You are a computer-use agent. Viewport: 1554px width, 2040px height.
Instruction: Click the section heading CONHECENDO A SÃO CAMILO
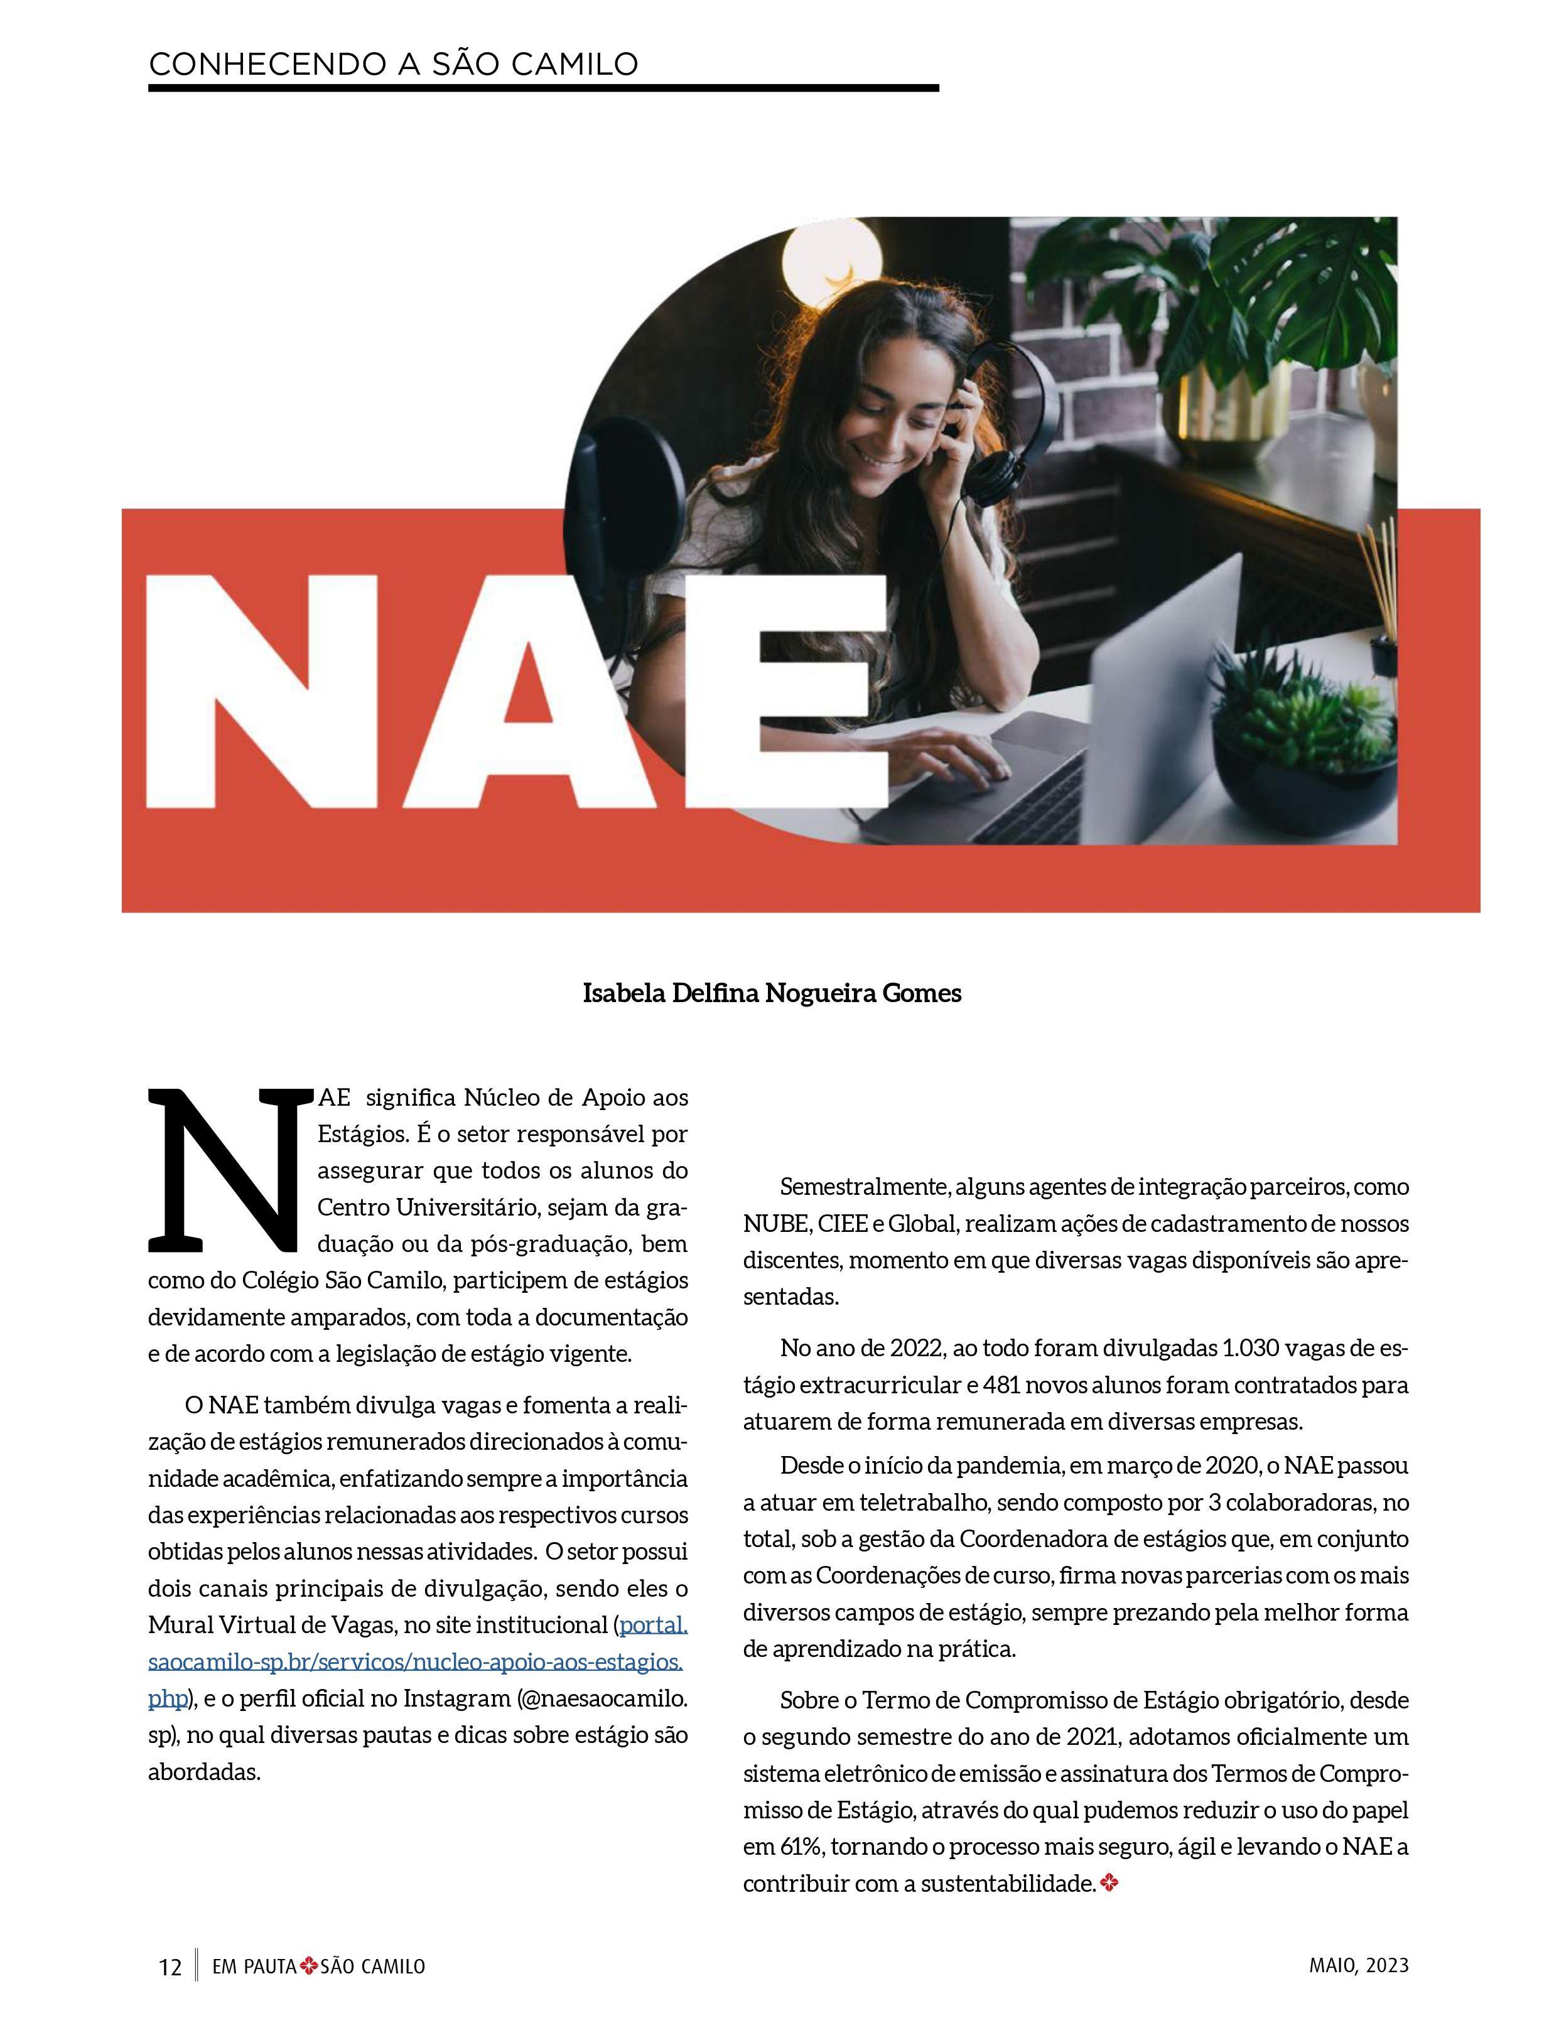393,64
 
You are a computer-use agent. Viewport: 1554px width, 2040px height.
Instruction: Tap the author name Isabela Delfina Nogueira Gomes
772,993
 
